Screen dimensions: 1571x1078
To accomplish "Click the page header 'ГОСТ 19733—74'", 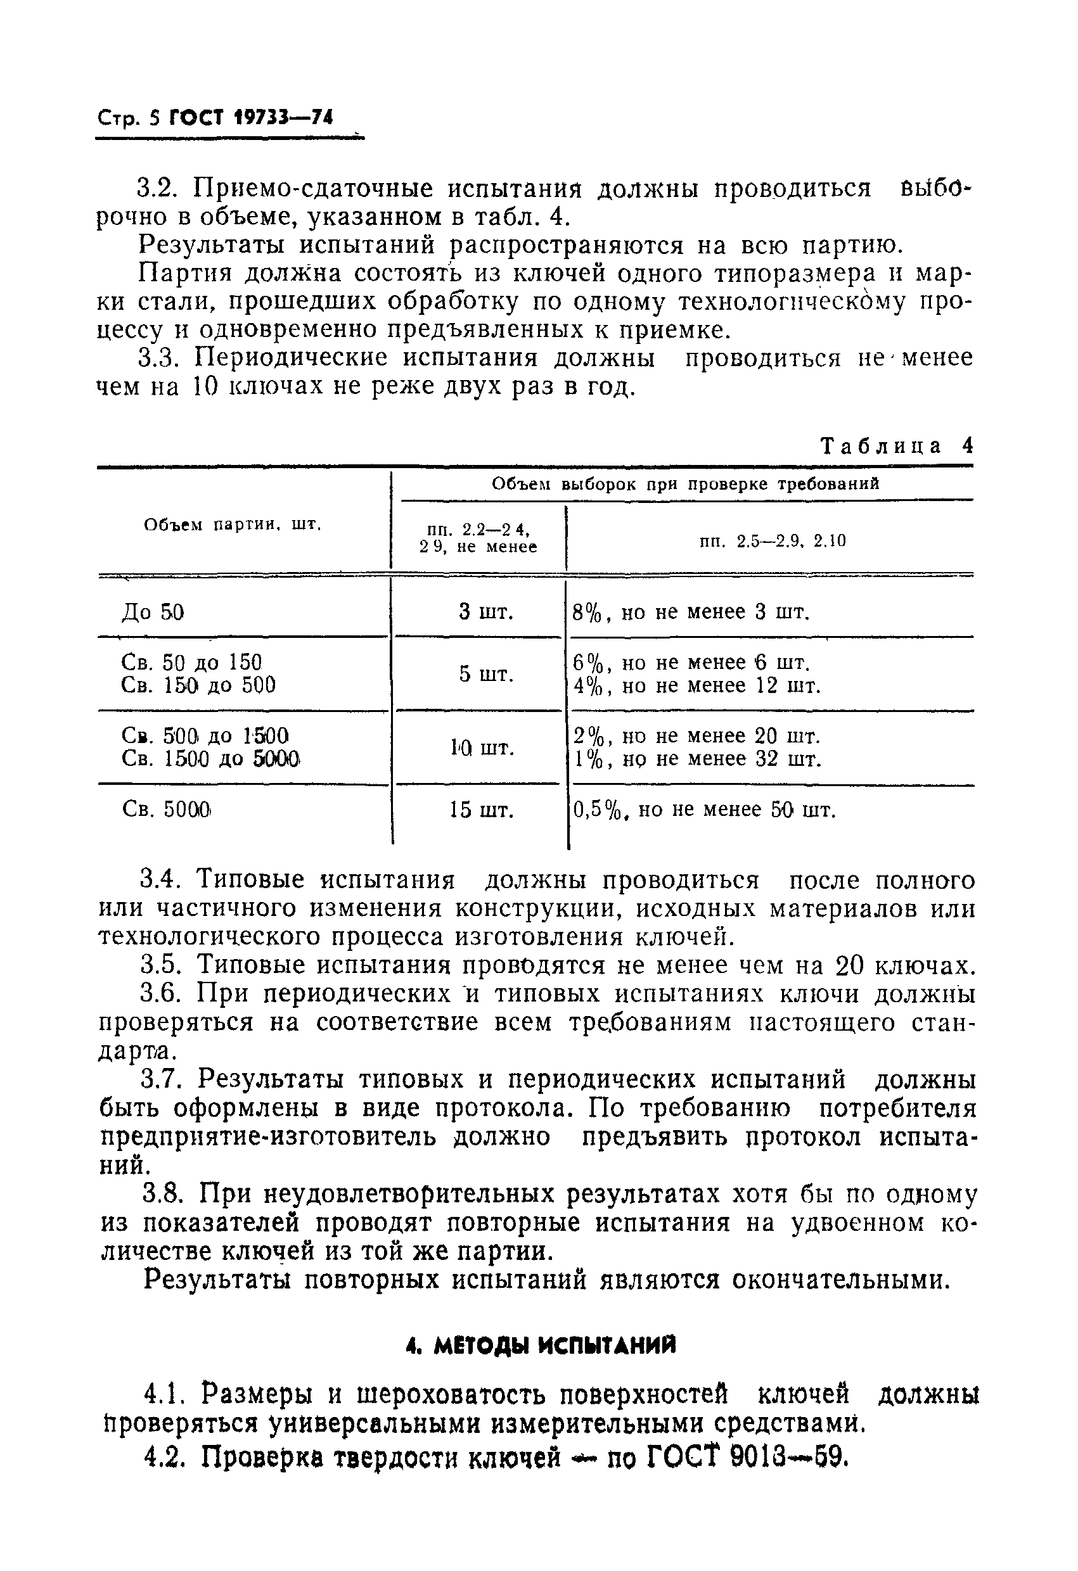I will click(251, 118).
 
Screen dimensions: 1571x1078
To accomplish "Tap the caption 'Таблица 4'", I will click(896, 446).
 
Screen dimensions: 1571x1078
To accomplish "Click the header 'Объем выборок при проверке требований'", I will click(685, 484).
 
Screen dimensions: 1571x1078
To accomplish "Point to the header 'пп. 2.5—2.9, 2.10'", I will click(773, 541).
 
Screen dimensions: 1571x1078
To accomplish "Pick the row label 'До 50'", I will click(153, 613).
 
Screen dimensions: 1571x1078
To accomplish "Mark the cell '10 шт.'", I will click(482, 747).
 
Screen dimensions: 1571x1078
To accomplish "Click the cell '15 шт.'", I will click(482, 810).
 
